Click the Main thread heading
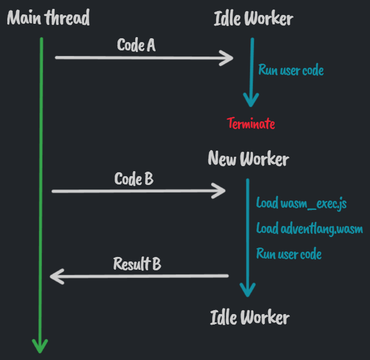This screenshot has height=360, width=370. [48, 18]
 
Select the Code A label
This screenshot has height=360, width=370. [136, 45]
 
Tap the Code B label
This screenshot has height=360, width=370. [134, 179]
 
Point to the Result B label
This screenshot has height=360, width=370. [137, 264]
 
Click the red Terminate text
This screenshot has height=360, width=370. [251, 123]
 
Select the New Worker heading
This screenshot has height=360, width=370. [248, 159]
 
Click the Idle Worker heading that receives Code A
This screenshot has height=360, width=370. [253, 18]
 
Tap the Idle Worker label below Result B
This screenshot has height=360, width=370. [249, 317]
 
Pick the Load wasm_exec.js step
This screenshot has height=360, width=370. [301, 203]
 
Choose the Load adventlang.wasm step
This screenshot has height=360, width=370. [310, 228]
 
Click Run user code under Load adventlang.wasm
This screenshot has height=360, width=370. [289, 254]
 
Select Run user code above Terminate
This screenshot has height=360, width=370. [291, 70]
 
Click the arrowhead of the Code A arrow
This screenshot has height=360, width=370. [229, 57]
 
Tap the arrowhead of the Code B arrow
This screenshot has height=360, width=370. [220, 191]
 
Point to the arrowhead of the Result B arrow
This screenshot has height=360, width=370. [55, 275]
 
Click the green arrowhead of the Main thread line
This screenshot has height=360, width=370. [40, 346]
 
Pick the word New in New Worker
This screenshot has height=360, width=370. [222, 159]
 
